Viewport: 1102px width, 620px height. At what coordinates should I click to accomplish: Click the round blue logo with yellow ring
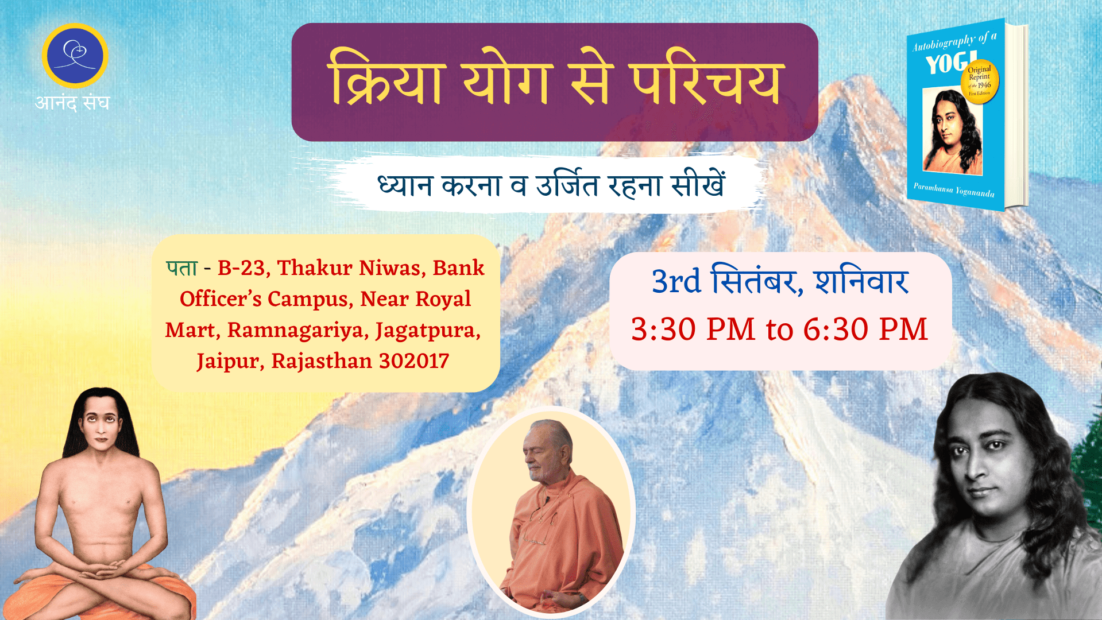tap(75, 56)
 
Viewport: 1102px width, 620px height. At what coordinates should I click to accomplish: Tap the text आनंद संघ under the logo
tap(72, 102)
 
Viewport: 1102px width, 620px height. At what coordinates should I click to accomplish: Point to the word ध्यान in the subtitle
tap(404, 185)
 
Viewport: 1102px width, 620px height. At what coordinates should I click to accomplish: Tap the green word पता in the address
tap(182, 268)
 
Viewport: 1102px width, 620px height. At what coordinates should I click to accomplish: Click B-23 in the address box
tap(241, 268)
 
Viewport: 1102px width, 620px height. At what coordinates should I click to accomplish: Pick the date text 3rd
tap(676, 281)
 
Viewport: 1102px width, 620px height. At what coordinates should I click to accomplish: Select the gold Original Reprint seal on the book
tap(980, 82)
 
